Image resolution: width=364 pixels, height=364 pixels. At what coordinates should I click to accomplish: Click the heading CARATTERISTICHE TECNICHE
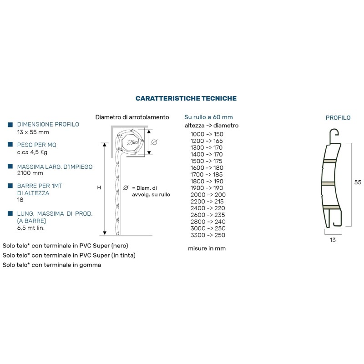(x=186, y=98)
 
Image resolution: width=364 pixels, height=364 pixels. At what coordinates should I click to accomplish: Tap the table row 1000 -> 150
(x=207, y=134)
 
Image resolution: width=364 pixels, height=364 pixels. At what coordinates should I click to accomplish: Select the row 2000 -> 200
(x=208, y=195)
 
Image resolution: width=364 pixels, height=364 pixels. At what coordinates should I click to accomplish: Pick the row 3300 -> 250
(x=208, y=235)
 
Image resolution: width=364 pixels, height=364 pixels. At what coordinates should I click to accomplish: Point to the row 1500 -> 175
(x=207, y=161)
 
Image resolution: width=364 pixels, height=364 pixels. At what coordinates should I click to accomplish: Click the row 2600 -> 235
(x=208, y=215)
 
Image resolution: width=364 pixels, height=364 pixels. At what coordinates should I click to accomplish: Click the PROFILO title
(x=338, y=118)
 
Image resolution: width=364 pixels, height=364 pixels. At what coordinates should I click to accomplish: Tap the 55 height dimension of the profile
(x=358, y=182)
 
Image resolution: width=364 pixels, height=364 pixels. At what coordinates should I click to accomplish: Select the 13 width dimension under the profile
(x=333, y=240)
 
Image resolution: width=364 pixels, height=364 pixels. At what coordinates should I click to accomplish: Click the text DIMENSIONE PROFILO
(x=48, y=124)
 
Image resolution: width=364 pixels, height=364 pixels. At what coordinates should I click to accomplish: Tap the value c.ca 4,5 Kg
(x=32, y=152)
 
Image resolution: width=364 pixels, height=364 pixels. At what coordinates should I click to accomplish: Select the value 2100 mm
(x=30, y=173)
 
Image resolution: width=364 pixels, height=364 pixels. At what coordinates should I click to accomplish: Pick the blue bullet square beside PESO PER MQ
(x=10, y=145)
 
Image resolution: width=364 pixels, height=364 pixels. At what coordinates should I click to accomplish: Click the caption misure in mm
(x=207, y=248)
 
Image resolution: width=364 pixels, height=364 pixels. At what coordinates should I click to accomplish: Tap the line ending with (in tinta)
(x=69, y=255)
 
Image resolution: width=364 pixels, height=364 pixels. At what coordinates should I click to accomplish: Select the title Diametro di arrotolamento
(x=132, y=117)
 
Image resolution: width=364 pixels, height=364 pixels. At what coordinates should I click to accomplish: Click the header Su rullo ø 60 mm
(x=208, y=117)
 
